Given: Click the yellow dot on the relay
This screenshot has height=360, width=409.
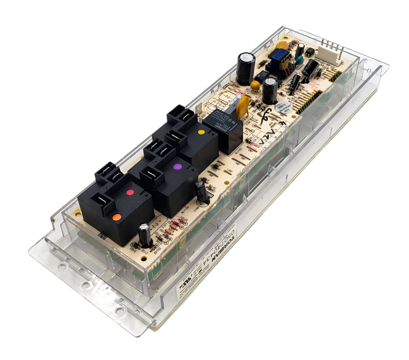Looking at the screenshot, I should coord(201,132).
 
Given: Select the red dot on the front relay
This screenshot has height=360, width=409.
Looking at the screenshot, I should coord(130,192).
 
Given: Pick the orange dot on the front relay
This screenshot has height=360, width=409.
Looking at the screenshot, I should coord(116,217).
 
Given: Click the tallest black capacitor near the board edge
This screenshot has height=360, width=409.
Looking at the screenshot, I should coord(246,69).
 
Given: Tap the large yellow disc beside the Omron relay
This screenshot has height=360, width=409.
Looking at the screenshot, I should coord(243,106).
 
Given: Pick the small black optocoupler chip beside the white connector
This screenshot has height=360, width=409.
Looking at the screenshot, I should coord(310,52).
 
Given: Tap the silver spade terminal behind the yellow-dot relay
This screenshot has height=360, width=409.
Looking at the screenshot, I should coord(198,109).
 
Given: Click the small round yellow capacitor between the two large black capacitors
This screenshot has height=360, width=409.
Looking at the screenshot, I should coord(255,86).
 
